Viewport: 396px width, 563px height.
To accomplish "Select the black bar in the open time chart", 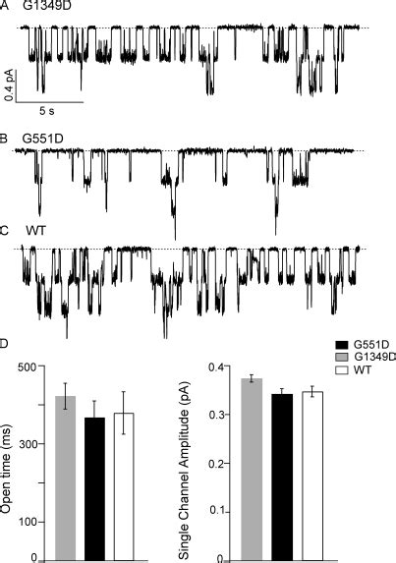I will tap(93, 488).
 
